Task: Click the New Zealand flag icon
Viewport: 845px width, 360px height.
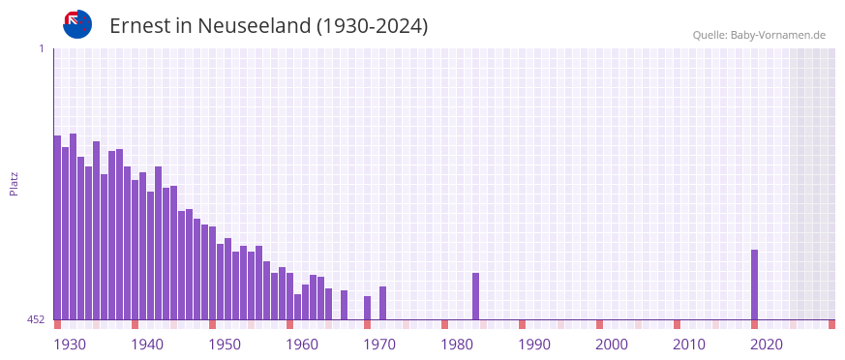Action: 77,24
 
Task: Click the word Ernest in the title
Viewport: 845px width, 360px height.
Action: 138,26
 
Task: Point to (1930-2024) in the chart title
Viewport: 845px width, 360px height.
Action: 372,26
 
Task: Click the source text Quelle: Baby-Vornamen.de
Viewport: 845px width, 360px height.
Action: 758,35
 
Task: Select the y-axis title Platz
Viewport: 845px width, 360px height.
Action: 14,184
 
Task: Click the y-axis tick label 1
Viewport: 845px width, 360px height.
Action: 41,48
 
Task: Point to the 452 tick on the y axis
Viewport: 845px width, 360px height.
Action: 35,319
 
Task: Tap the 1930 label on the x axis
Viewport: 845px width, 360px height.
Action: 70,345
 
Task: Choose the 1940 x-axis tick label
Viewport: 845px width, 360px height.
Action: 147,345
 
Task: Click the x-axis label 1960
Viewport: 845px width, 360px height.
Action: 302,345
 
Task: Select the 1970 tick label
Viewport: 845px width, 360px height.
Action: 379,345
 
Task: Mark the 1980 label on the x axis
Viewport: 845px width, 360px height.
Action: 457,345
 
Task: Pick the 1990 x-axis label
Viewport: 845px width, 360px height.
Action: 534,345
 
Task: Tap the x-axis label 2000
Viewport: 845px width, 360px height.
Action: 612,345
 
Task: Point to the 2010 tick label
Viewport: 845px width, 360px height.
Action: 689,345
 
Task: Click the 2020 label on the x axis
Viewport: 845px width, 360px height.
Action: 767,345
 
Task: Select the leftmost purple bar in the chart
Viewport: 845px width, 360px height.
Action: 57,227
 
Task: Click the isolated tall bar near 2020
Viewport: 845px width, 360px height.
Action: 754,285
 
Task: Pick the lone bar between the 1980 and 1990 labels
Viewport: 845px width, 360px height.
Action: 475,296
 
